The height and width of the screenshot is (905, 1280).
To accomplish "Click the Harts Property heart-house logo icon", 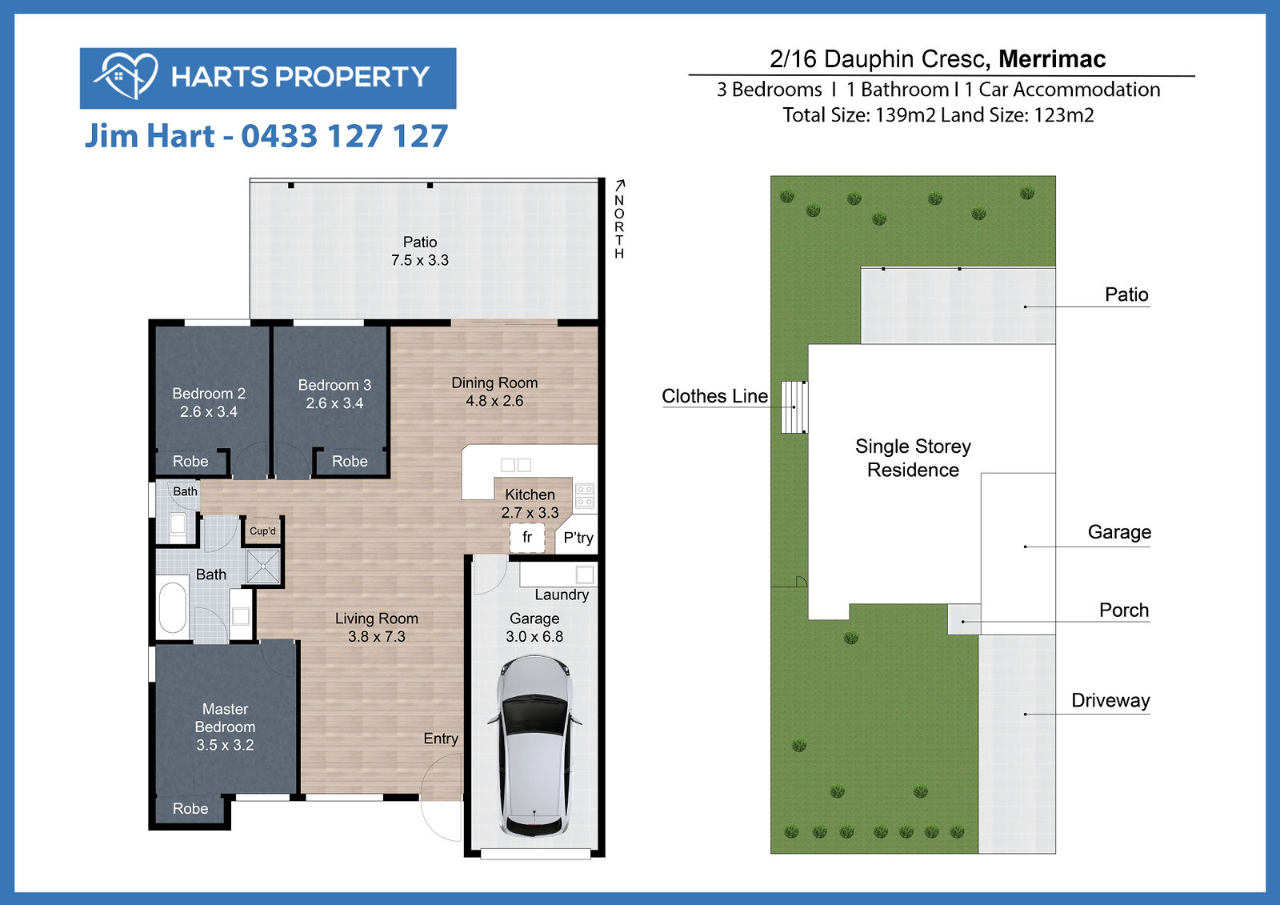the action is [x=126, y=76].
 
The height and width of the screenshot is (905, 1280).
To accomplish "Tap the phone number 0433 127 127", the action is [x=345, y=136].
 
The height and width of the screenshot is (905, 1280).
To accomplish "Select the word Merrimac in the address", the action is [x=1052, y=59].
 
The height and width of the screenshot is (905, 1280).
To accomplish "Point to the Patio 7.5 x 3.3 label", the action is [x=420, y=251].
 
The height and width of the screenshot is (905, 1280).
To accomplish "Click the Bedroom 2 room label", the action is [x=209, y=402].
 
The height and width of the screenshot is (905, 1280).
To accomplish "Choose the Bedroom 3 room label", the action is [x=335, y=394].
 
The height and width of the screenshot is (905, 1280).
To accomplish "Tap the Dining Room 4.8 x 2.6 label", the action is [x=495, y=391].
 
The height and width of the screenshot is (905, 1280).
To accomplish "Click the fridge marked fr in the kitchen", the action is [x=527, y=538].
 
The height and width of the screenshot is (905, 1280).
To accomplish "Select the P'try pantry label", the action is [x=578, y=538].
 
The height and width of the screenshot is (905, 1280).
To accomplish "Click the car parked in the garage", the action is [x=534, y=747].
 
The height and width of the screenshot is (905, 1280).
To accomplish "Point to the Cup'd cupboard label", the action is [x=263, y=531].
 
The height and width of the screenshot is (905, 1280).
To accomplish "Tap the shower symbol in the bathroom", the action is [x=263, y=567].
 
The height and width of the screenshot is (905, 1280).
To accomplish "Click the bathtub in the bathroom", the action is [x=173, y=607].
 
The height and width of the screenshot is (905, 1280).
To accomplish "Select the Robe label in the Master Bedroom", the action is [x=190, y=808].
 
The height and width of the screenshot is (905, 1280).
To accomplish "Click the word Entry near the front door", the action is [x=441, y=739].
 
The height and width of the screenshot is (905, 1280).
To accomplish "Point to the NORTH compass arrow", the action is [x=620, y=185].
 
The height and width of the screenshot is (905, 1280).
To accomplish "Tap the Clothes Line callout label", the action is [x=715, y=395].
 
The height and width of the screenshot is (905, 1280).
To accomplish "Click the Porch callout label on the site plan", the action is [x=1124, y=610].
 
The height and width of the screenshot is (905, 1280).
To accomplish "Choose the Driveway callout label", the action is [x=1111, y=700].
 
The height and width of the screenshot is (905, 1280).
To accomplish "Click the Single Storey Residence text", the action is [x=913, y=458].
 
